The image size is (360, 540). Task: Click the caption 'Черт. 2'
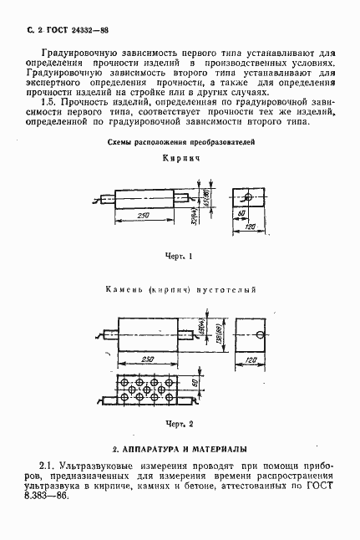(180, 423)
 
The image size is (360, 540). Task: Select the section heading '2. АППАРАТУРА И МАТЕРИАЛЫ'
(180, 448)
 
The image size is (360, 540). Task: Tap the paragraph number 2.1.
(48, 465)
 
